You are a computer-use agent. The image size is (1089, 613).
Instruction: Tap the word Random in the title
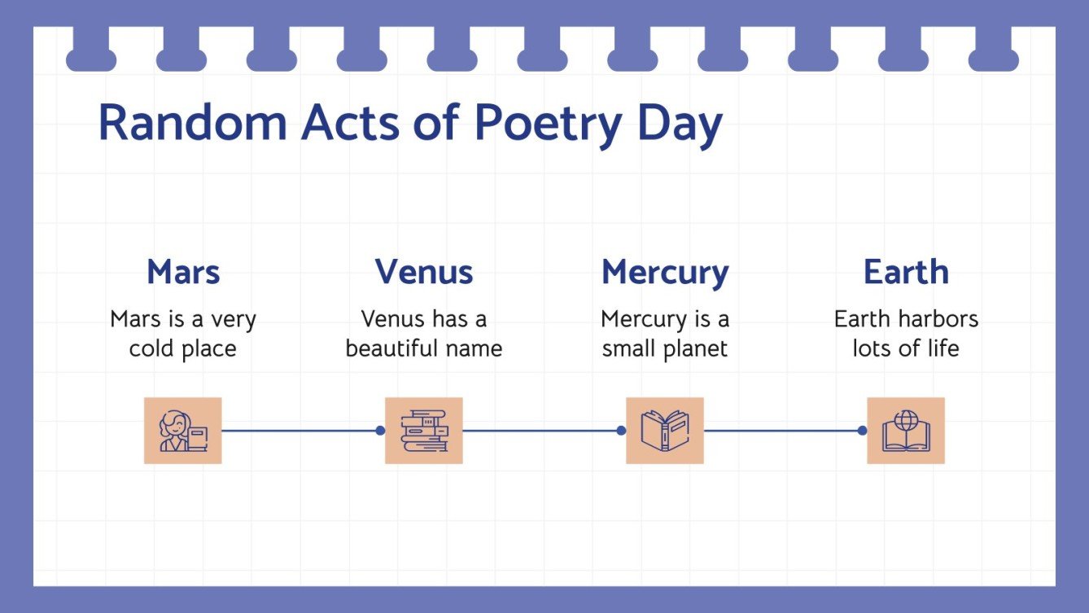[192, 123]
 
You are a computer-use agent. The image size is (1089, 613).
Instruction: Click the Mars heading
[183, 272]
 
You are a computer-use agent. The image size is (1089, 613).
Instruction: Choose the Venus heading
[423, 272]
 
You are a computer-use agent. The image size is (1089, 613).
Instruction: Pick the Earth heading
[906, 272]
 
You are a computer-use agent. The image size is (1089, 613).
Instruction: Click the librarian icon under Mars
[183, 431]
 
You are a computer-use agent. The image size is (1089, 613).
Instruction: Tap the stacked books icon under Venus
[423, 431]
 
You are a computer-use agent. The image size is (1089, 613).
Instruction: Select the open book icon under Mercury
[664, 431]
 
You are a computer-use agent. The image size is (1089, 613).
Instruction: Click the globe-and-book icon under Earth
[906, 431]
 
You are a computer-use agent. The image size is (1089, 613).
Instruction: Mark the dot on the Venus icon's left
[380, 431]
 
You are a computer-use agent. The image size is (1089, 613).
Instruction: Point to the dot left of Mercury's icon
[621, 431]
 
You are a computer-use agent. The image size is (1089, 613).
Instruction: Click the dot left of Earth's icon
[862, 431]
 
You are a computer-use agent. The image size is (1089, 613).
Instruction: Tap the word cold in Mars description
[153, 349]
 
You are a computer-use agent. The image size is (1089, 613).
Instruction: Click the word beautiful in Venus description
[396, 349]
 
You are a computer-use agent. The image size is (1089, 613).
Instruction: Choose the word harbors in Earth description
[931, 319]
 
